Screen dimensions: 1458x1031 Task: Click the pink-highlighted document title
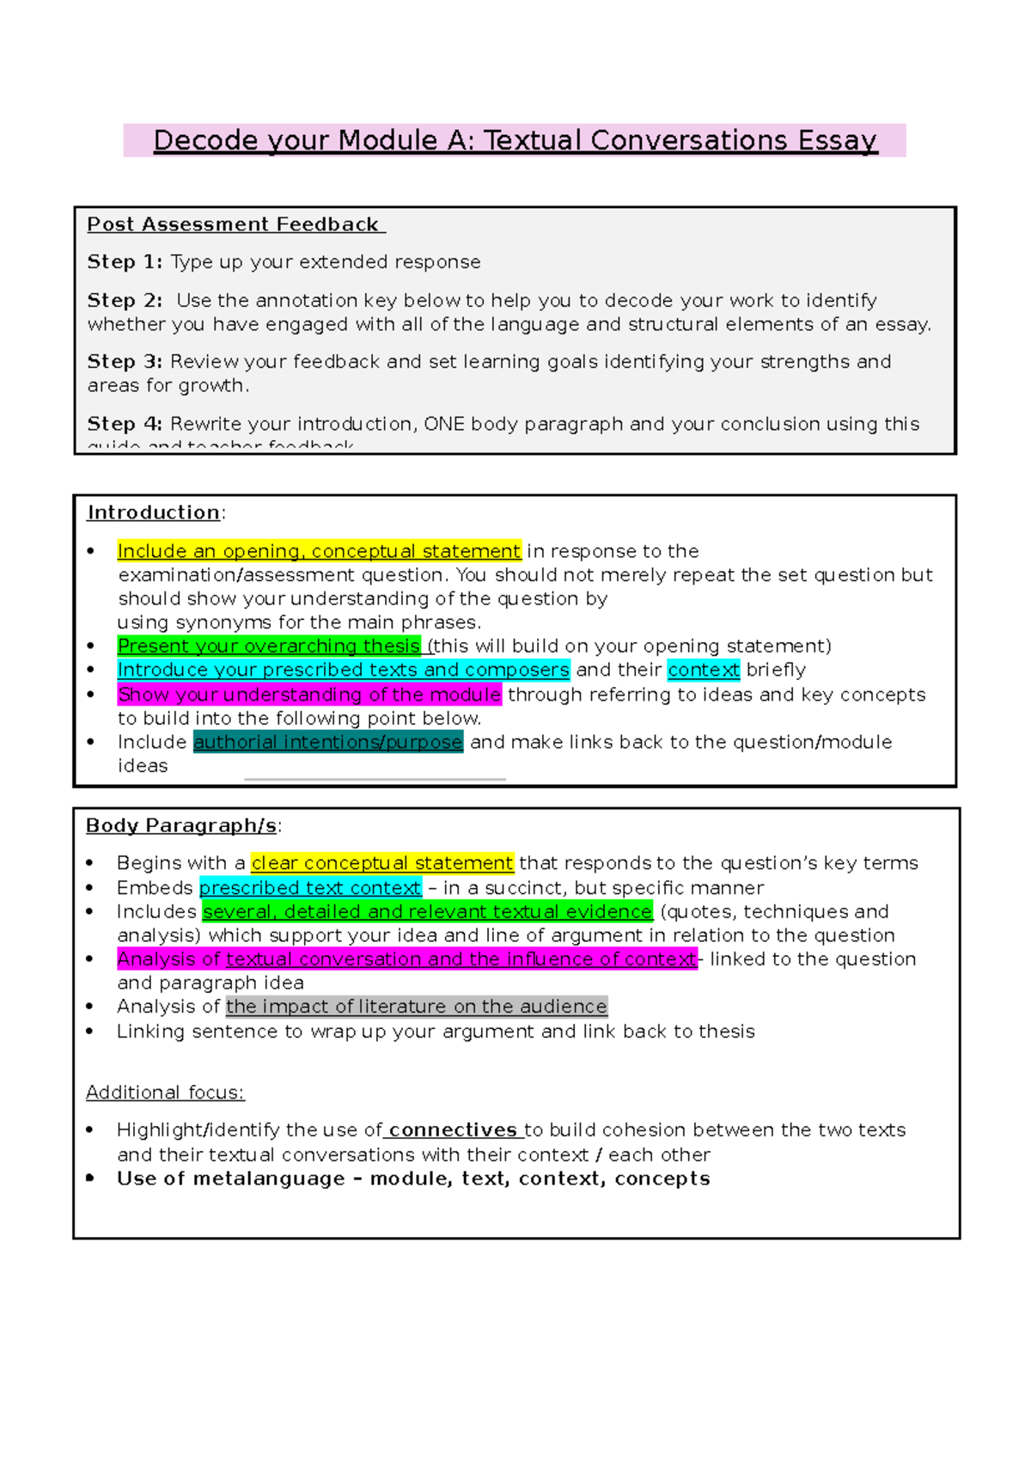coord(515,140)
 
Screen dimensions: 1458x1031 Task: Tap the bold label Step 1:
coord(125,262)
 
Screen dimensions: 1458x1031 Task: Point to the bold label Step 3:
coord(125,362)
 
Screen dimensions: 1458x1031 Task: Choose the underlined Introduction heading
coord(153,512)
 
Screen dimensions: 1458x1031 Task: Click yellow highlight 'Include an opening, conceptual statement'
coord(319,551)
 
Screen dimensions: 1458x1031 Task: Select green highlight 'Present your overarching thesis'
coord(269,646)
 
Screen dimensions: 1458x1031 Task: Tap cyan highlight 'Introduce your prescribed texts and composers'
coord(344,670)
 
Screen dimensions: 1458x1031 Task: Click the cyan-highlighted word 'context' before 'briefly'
coord(703,670)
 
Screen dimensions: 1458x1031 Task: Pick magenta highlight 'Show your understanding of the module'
coord(309,695)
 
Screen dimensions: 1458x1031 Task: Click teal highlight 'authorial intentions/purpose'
coord(328,742)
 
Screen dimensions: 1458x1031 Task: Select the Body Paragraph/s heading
coord(181,825)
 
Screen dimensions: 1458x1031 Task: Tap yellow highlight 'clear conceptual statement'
coord(382,863)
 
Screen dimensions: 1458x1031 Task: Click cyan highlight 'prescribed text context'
coord(310,888)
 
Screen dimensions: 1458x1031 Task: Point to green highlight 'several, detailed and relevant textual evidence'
coord(428,911)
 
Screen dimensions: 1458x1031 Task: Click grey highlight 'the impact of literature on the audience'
coord(417,1007)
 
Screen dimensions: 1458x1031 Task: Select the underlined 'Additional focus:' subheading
coord(165,1093)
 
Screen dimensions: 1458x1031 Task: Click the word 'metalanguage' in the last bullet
coord(269,1179)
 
